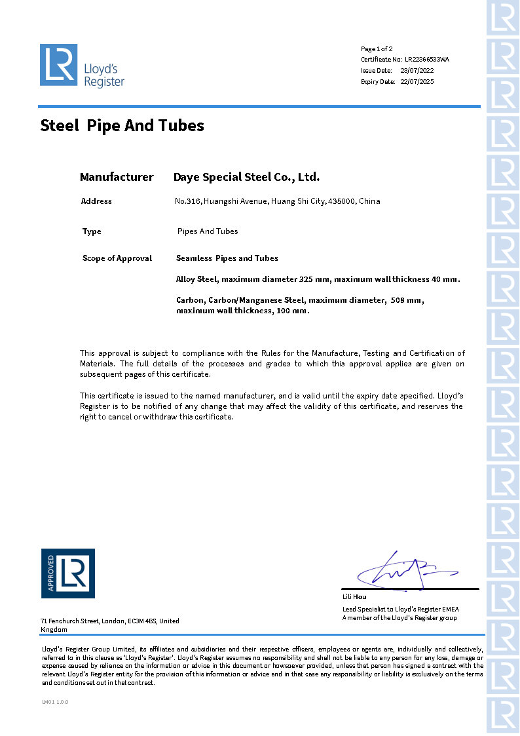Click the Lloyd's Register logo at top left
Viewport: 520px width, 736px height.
click(82, 65)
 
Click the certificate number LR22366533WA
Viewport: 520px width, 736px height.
click(427, 60)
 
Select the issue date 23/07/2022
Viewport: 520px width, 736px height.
click(417, 70)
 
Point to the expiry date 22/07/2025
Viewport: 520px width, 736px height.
click(417, 82)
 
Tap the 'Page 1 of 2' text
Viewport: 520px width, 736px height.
click(377, 48)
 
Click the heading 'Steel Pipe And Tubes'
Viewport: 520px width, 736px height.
click(122, 125)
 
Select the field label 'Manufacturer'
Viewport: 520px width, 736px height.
click(117, 177)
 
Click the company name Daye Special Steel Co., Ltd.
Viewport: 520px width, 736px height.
click(246, 177)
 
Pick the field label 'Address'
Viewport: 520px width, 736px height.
click(96, 201)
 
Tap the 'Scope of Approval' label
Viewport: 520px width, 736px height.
click(117, 258)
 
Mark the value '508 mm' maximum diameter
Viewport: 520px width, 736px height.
click(406, 300)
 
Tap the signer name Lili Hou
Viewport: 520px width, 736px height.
click(354, 597)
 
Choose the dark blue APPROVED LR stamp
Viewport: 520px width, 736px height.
click(68, 573)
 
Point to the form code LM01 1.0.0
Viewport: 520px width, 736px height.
click(55, 702)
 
